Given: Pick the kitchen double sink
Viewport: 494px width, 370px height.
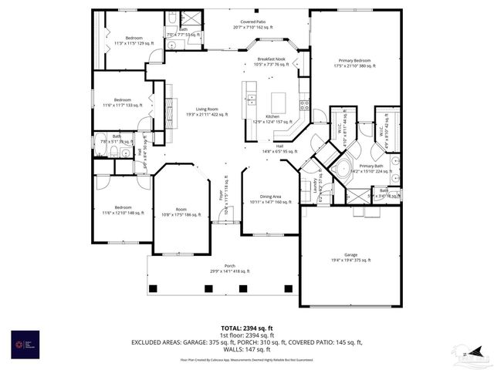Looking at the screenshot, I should click(252, 98).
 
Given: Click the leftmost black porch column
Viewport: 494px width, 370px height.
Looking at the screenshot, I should click(153, 288).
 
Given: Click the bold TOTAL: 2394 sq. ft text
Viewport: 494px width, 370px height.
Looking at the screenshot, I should click(247, 328).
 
